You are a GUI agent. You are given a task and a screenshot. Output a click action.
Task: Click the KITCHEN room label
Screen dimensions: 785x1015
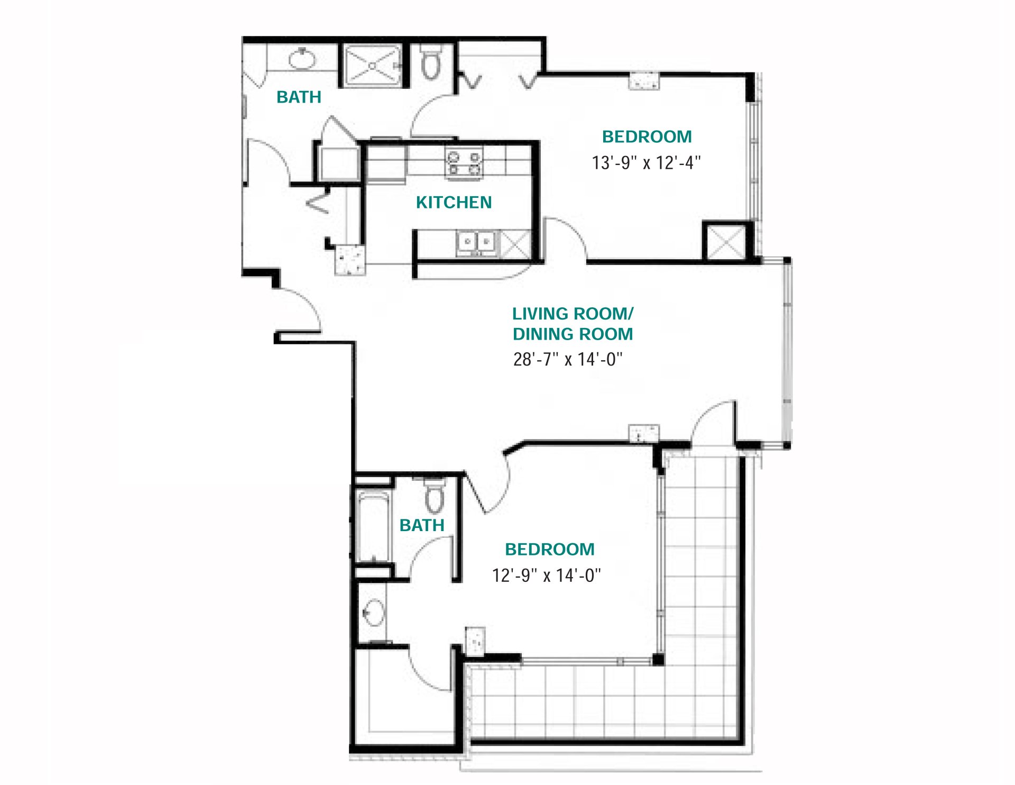(x=454, y=202)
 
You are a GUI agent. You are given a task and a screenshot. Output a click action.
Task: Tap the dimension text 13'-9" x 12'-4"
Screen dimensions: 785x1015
(x=646, y=162)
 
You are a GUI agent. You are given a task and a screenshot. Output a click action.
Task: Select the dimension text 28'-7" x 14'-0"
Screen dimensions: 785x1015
(x=568, y=359)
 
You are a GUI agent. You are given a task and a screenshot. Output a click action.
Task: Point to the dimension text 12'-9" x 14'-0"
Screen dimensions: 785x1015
(x=546, y=575)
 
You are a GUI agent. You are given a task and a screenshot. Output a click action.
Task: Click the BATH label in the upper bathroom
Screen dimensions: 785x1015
(x=299, y=97)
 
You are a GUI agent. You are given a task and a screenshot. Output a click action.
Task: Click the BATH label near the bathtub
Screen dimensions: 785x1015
(x=421, y=525)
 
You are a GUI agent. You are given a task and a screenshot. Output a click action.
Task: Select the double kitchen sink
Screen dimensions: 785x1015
(x=476, y=243)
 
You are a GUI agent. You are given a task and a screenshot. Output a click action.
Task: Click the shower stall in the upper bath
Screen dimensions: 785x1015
(x=373, y=66)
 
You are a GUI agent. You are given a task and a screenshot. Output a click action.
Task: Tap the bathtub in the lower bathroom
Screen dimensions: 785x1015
(x=373, y=526)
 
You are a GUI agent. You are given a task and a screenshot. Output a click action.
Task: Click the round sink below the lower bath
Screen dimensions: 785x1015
(x=373, y=613)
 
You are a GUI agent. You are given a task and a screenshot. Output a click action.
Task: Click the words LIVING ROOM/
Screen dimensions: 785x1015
(x=573, y=314)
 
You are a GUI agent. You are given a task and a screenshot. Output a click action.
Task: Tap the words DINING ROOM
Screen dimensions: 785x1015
(x=573, y=334)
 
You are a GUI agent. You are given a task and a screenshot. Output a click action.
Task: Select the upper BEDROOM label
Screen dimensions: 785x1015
(x=647, y=137)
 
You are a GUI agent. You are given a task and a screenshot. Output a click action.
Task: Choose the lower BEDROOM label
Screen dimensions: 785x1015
(x=549, y=550)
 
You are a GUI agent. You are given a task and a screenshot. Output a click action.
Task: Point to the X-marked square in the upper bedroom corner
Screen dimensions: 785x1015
(x=725, y=242)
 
